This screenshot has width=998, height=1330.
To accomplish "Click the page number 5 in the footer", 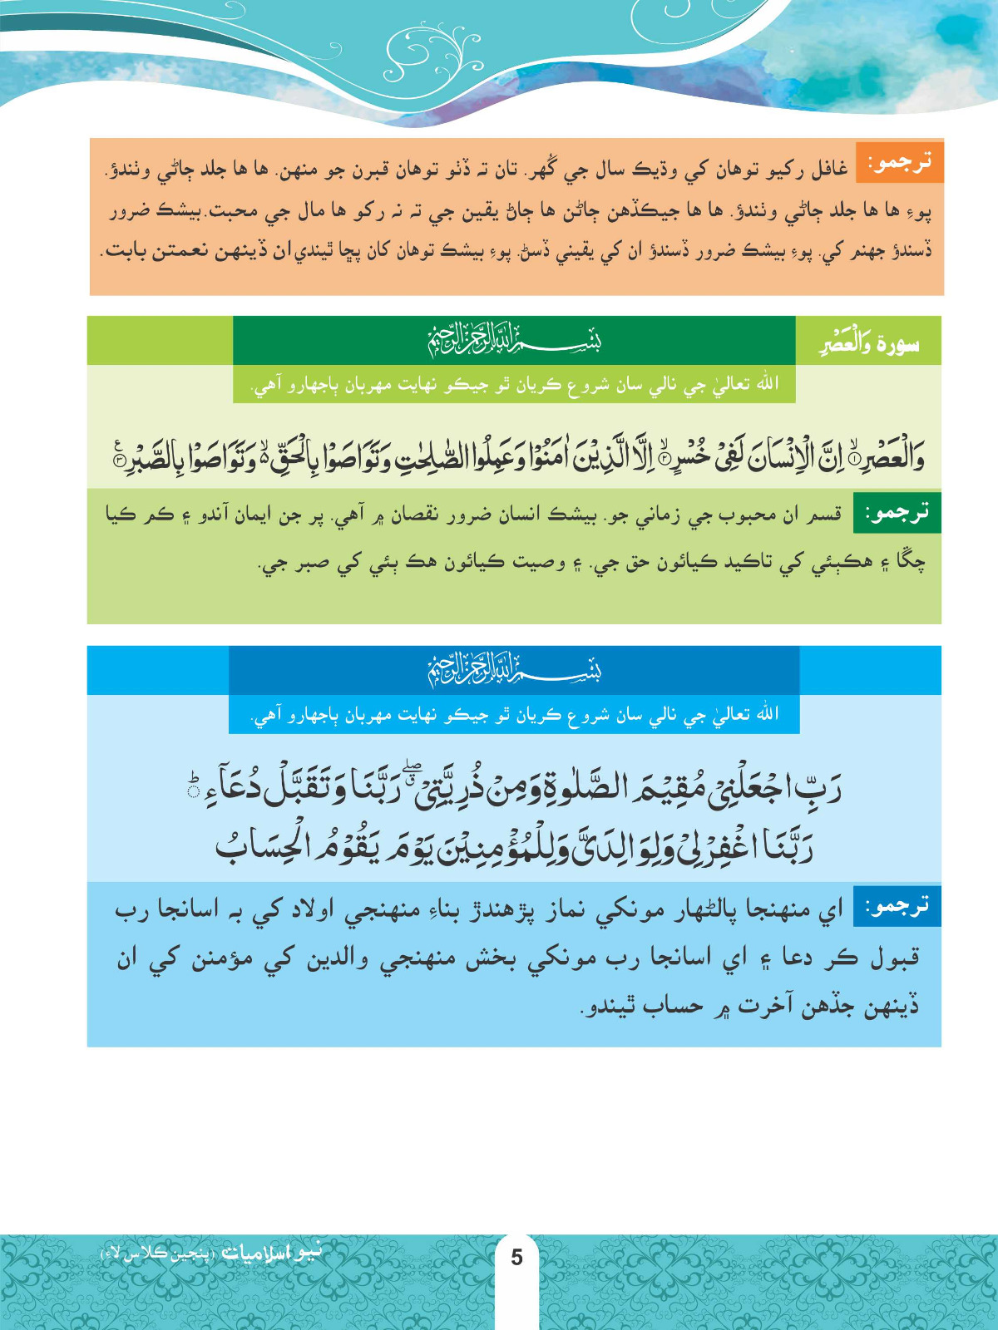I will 516,1257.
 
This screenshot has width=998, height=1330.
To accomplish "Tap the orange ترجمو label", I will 901,163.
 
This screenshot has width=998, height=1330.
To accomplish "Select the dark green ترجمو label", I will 898,513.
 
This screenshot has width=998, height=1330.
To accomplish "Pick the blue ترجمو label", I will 898,906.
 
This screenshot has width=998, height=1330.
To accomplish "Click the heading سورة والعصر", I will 869,342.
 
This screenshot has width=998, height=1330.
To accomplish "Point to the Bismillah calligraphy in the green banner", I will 514,341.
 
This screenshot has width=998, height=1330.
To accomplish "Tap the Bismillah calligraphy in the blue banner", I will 514,670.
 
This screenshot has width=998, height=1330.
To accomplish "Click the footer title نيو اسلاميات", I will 270,1253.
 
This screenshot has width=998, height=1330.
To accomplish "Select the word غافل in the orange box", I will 829,170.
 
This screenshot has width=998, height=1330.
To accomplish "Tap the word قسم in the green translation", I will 825,515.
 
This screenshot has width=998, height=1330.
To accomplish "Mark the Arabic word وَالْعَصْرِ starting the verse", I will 887,459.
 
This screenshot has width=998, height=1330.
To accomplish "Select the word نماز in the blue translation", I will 573,911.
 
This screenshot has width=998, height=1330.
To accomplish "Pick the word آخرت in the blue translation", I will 770,1007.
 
